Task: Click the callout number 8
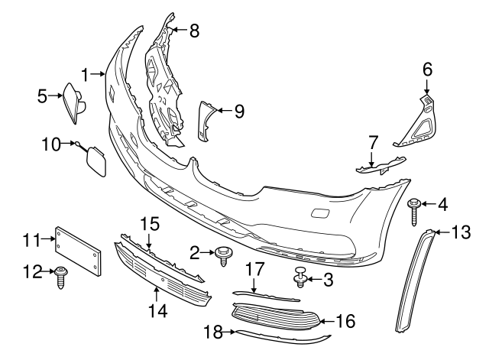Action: coord(194,31)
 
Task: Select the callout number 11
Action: coord(31,240)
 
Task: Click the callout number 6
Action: coord(427,70)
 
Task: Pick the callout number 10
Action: coord(50,143)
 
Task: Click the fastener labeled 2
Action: coord(224,254)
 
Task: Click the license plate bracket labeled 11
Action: coord(78,249)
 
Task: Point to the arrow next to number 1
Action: coord(99,75)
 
